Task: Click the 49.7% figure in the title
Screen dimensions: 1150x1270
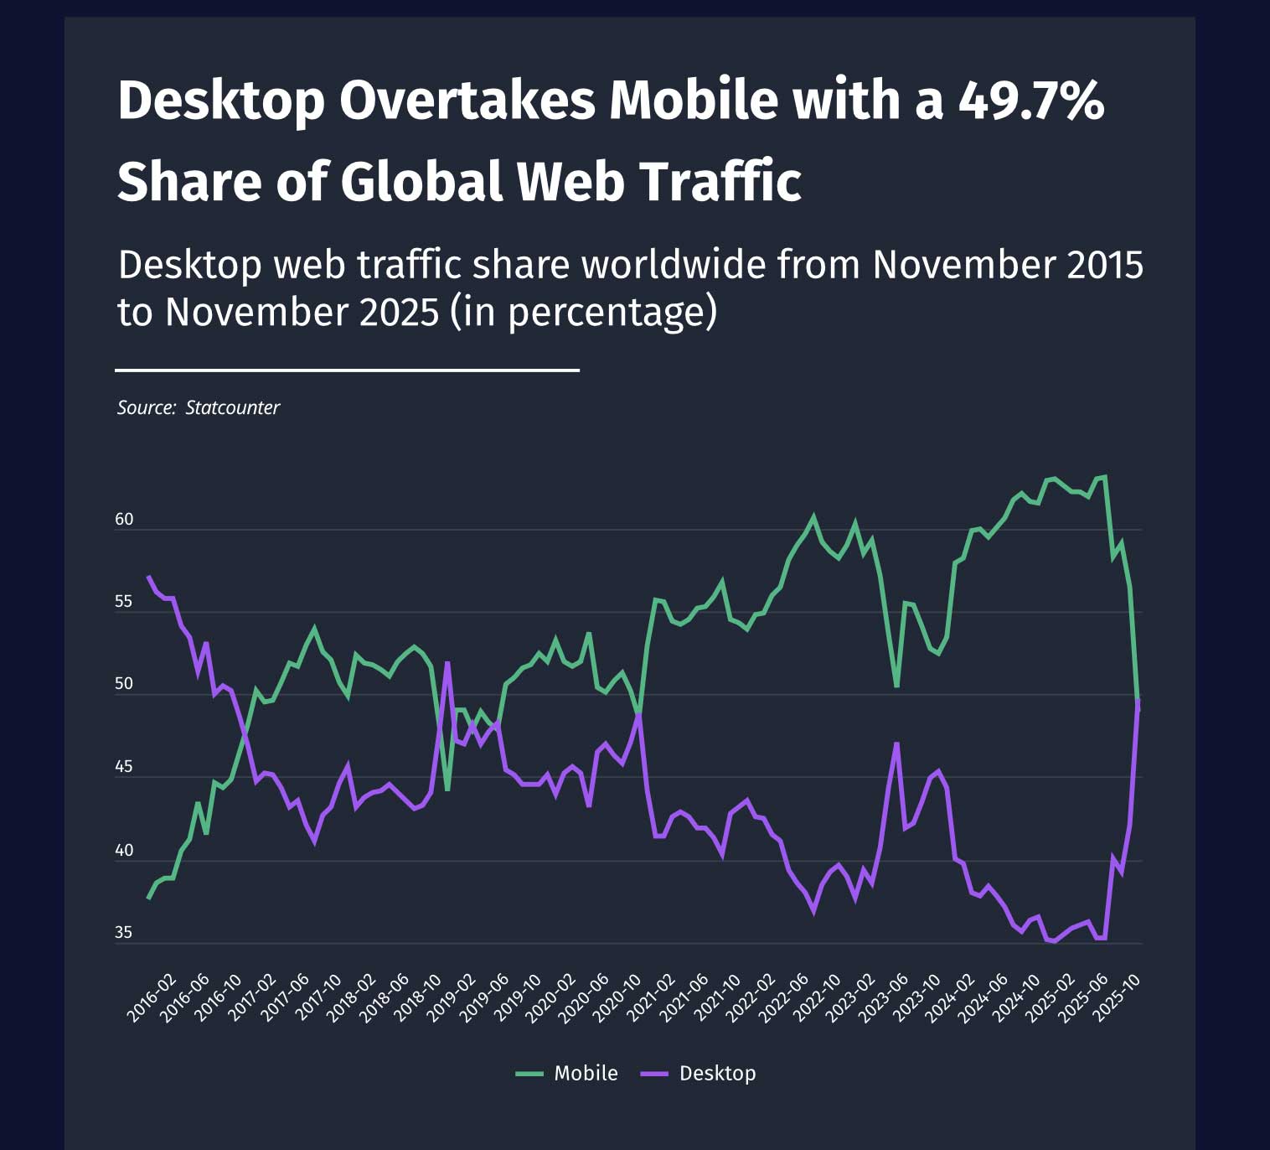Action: [1031, 101]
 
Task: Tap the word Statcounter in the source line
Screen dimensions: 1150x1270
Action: [232, 408]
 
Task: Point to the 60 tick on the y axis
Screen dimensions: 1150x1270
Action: [124, 520]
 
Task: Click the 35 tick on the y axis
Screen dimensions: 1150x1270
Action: [124, 933]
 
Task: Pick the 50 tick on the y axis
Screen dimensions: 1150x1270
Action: [124, 684]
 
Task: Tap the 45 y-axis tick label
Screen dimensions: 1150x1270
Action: [124, 767]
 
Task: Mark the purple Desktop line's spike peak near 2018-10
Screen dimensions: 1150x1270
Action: [447, 663]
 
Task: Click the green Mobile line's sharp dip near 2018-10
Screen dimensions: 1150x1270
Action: [447, 790]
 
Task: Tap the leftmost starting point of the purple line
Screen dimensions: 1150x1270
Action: [148, 577]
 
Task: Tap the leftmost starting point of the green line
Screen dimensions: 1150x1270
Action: [148, 898]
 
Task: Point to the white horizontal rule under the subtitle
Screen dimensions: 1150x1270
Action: [347, 370]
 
